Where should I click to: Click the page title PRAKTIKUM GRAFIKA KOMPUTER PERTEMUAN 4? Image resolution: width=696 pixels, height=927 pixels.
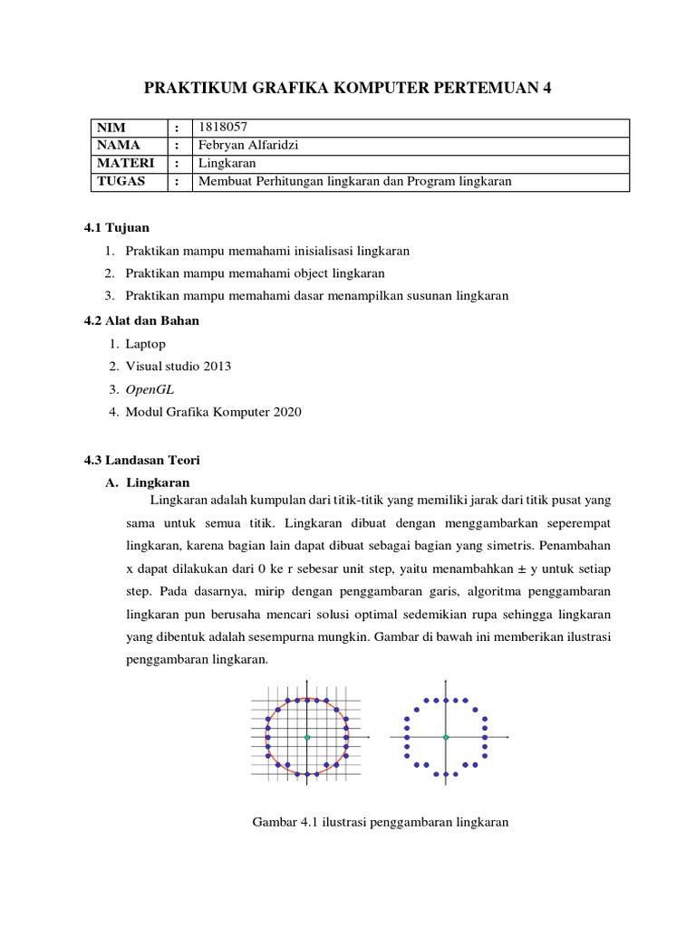tap(348, 88)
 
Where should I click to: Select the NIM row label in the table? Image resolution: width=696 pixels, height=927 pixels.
tap(111, 128)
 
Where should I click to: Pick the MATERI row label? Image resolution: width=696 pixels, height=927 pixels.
tap(122, 163)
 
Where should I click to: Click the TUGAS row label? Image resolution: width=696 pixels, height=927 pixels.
tap(118, 181)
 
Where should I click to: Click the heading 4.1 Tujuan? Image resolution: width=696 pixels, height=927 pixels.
tap(116, 226)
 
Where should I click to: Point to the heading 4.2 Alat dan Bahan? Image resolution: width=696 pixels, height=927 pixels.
tap(141, 320)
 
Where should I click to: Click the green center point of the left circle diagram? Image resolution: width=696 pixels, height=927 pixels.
tap(307, 738)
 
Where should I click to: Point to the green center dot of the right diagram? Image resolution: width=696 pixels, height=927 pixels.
tap(446, 738)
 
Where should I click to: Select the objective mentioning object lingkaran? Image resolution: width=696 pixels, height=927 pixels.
tap(256, 272)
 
